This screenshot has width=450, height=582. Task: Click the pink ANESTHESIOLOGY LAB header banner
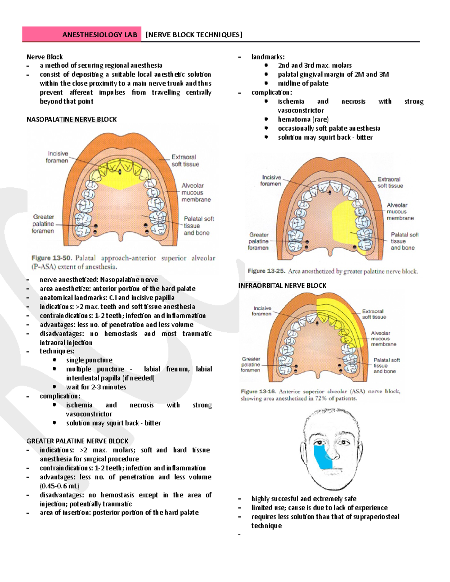(x=81, y=34)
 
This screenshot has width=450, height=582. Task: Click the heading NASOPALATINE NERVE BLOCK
(x=72, y=120)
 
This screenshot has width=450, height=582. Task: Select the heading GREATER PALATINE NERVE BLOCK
(x=77, y=441)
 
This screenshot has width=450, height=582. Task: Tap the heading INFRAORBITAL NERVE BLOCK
(x=282, y=286)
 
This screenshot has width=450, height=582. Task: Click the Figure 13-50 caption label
(x=51, y=258)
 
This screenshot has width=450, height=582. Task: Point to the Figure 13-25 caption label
(x=266, y=271)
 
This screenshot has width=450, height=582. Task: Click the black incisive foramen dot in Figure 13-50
(x=120, y=172)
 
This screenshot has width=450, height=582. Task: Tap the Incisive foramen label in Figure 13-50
(x=57, y=157)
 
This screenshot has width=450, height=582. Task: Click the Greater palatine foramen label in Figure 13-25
(x=258, y=241)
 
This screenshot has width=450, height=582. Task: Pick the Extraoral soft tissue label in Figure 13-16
(x=374, y=314)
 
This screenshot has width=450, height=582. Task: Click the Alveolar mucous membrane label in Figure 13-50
(x=196, y=193)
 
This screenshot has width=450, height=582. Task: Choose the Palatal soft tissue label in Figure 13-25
(x=404, y=241)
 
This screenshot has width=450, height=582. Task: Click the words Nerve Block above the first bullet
(x=45, y=57)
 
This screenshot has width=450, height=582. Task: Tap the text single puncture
(x=89, y=360)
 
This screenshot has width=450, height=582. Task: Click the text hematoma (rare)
(x=303, y=120)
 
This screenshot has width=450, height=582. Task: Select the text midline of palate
(x=303, y=84)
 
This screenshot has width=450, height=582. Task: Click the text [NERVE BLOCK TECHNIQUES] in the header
(x=194, y=35)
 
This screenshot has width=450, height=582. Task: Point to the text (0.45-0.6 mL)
(x=60, y=486)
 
